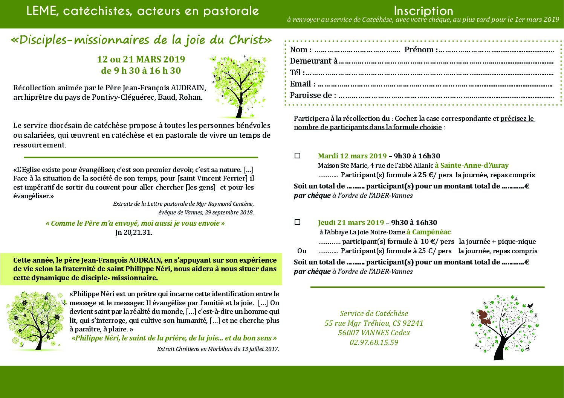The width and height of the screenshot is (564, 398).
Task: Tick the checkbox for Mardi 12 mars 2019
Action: pyautogui.click(x=297, y=155)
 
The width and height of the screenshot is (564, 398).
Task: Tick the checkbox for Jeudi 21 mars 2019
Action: pyautogui.click(x=297, y=222)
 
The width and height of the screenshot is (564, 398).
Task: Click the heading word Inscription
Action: pyautogui.click(x=423, y=11)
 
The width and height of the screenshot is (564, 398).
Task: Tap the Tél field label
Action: pyautogui.click(x=297, y=72)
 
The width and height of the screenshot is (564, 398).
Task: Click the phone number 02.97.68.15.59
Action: pyautogui.click(x=374, y=342)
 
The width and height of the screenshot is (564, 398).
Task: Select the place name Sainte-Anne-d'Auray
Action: pyautogui.click(x=472, y=165)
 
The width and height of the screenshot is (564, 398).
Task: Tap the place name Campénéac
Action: pyautogui.click(x=429, y=232)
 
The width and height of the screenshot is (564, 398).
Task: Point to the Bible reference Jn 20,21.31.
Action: pyautogui.click(x=134, y=232)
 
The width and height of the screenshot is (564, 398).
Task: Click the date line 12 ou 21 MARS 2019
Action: pyautogui.click(x=141, y=59)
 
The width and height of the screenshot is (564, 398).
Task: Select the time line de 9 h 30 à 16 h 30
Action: pyautogui.click(x=141, y=71)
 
